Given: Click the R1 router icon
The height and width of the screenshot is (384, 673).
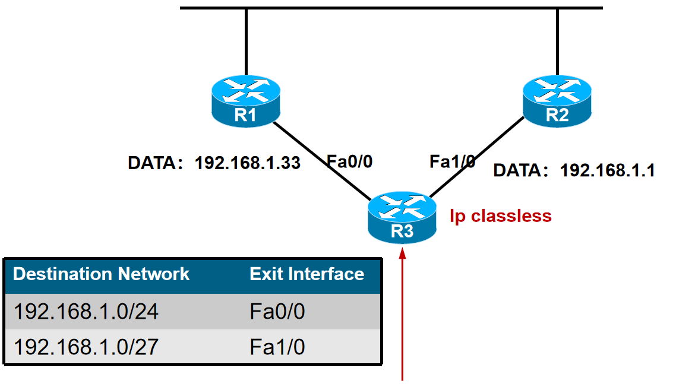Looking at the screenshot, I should [x=246, y=102].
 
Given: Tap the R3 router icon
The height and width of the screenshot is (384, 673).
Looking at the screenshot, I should [x=402, y=217].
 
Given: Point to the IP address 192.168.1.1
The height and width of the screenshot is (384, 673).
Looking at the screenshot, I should [x=608, y=171].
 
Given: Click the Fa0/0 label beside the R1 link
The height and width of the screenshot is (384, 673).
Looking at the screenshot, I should [x=350, y=161].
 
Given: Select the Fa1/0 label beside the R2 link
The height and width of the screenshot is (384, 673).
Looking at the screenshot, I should [x=452, y=161].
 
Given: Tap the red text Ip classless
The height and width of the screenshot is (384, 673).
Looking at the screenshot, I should [x=501, y=215].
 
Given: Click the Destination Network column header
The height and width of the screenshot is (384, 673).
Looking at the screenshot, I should [x=102, y=274].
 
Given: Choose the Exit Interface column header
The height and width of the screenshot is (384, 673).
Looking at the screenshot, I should [x=307, y=274].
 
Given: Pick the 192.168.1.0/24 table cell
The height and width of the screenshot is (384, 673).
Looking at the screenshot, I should [x=86, y=312].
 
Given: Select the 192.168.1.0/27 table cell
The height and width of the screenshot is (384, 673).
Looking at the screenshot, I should [x=86, y=347].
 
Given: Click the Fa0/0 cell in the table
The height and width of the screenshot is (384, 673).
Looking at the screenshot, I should [x=277, y=312].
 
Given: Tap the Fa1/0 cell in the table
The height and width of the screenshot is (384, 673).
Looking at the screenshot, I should [x=277, y=347].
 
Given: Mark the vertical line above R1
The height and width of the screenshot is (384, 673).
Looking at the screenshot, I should [x=246, y=42].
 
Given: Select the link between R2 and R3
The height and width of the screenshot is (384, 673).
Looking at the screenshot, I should [x=475, y=157].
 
